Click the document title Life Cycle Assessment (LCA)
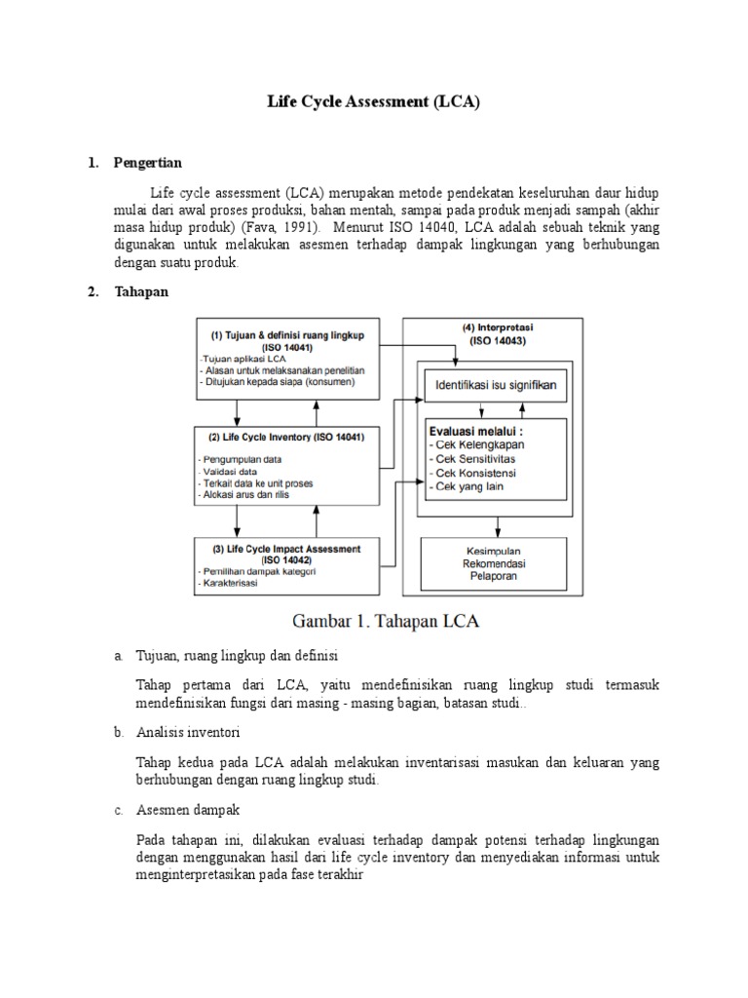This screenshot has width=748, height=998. coord(374,101)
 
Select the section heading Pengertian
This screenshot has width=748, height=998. coord(147,162)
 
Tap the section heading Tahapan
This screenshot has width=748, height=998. coord(141,292)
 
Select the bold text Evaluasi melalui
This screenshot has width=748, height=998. coord(474,429)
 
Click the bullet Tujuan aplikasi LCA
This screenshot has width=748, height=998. coord(240,358)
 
